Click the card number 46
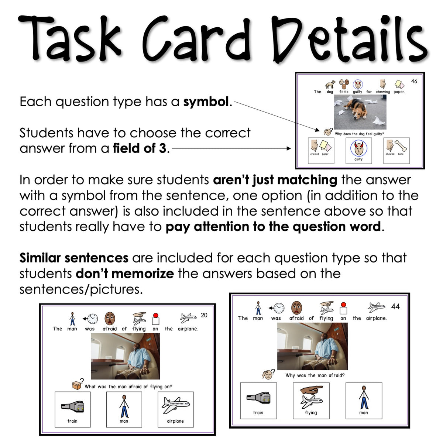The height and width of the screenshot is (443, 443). click(414, 81)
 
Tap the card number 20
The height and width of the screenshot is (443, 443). click(204, 315)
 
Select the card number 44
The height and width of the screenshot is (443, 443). click(395, 307)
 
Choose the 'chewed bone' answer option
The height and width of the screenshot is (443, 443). click(396, 150)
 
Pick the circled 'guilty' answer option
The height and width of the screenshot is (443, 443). click(358, 150)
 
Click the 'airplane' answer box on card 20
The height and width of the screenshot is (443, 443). click(175, 409)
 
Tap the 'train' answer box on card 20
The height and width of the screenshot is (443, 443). click(72, 409)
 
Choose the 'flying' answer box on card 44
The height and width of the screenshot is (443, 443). click(311, 401)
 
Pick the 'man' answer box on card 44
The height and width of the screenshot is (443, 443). click(364, 401)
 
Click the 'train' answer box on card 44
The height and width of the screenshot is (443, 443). click(258, 401)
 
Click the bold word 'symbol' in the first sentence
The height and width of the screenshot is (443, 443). click(206, 102)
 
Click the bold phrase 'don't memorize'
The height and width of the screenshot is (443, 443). click(124, 274)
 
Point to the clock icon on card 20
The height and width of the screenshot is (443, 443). click(92, 318)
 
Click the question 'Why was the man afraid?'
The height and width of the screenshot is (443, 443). click(315, 375)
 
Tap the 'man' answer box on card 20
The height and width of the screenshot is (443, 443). click(124, 409)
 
